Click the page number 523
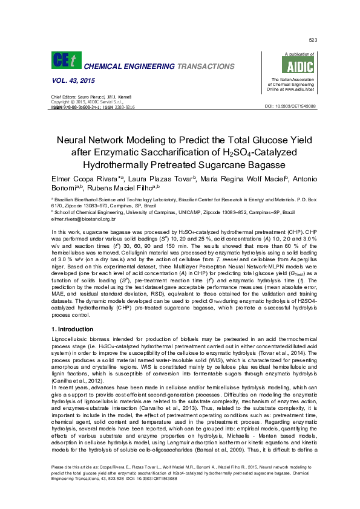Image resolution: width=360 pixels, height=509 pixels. tap(313, 40)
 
